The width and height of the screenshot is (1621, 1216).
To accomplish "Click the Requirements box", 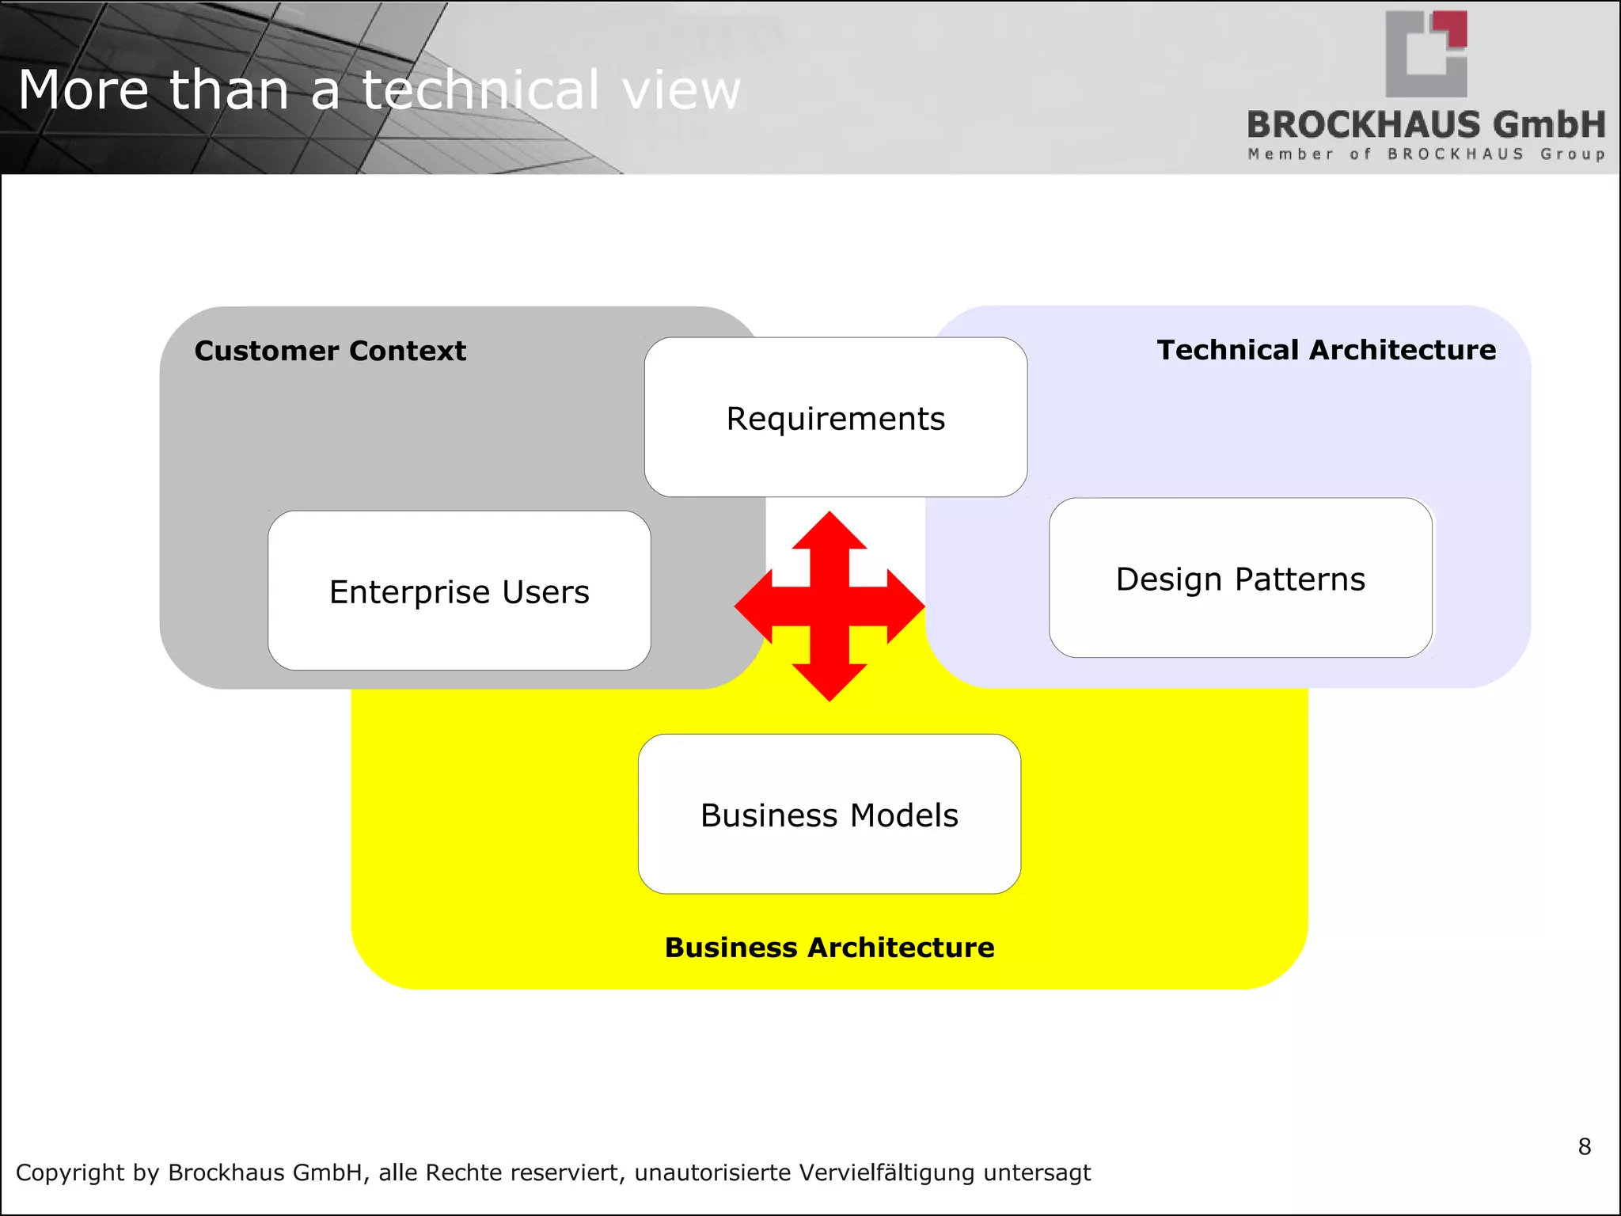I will tap(836, 418).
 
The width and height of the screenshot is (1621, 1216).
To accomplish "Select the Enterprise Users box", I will tap(459, 591).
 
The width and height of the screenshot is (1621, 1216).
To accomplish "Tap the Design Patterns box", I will tap(1240, 579).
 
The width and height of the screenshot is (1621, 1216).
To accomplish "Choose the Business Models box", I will tap(829, 815).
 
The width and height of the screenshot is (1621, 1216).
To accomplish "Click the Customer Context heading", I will tap(330, 351).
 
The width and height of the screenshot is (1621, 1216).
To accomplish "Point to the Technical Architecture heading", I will tap(1327, 350).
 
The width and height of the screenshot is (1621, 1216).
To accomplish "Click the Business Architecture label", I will tap(829, 948).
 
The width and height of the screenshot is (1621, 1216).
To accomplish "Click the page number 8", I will tap(1584, 1146).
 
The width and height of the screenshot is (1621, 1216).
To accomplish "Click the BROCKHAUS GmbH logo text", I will tap(1426, 124).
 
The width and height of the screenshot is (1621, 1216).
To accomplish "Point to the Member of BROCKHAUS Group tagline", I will tap(1426, 154).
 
